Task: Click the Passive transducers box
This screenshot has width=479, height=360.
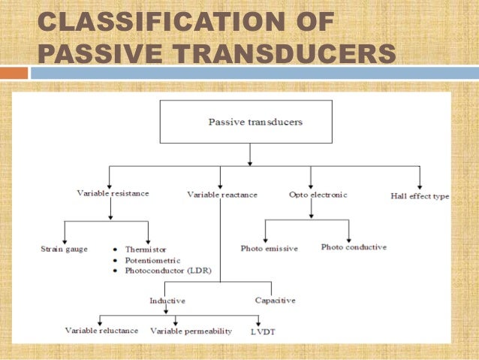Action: pyautogui.click(x=249, y=120)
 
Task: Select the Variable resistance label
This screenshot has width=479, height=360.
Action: pyautogui.click(x=113, y=193)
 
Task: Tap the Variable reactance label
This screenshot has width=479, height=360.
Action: pyautogui.click(x=222, y=195)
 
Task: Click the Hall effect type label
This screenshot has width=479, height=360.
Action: pyautogui.click(x=420, y=196)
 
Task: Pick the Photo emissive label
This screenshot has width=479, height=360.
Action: pyautogui.click(x=270, y=248)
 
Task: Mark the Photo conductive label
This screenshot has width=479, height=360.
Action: pyautogui.click(x=354, y=247)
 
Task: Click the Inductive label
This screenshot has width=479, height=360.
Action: pyautogui.click(x=167, y=301)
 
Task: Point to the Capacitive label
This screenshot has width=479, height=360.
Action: pyautogui.click(x=275, y=300)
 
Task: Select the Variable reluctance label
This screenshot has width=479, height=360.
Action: pyautogui.click(x=101, y=330)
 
